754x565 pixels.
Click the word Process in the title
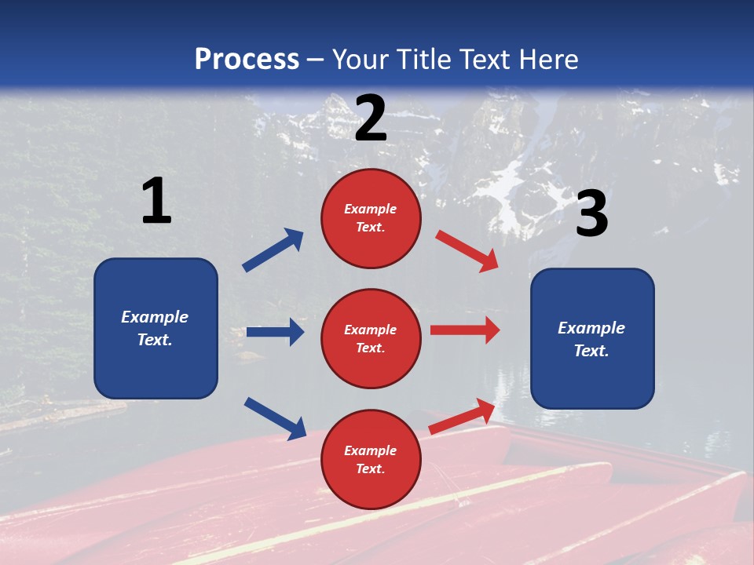tap(247, 60)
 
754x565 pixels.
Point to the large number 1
tap(156, 202)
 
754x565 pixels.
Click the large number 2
tap(371, 118)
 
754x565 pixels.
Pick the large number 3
tap(591, 215)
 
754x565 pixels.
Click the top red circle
tap(371, 218)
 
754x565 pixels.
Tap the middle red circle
tap(371, 338)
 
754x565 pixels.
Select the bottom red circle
tap(371, 459)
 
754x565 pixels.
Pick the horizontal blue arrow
tap(275, 332)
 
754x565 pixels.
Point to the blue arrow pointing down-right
tap(276, 418)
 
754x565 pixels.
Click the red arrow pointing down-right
tap(467, 250)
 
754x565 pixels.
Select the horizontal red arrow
tap(465, 330)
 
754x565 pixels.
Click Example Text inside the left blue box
tap(155, 328)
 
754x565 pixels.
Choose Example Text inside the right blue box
tap(591, 339)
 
